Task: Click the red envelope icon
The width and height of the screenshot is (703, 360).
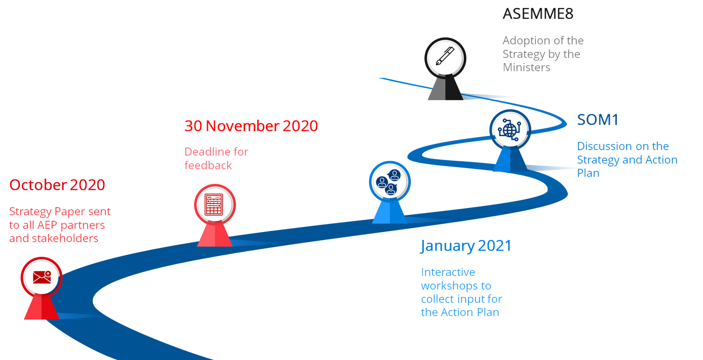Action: point(42,277)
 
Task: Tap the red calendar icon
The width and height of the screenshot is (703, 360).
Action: point(214,205)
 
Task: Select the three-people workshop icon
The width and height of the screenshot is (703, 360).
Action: point(389,182)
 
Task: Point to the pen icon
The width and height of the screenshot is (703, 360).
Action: point(445,56)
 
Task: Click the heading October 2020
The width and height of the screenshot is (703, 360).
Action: point(57,185)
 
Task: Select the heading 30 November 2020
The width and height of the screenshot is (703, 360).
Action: point(251,126)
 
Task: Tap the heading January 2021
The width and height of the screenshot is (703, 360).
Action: point(466,246)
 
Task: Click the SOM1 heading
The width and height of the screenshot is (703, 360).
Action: point(597,119)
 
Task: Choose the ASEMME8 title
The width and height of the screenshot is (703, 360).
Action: point(538,14)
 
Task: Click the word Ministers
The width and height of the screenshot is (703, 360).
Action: point(526,67)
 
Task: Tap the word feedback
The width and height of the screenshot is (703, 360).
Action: point(208,165)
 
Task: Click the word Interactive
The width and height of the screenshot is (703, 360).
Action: point(448,272)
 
